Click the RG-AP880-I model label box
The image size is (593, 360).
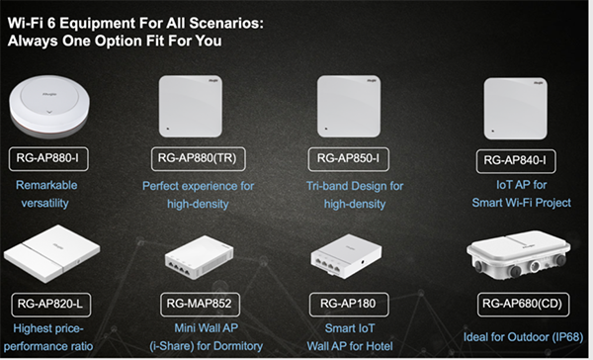click(48, 159)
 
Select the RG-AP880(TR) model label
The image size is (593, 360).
click(199, 159)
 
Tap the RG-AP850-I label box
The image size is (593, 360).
click(348, 159)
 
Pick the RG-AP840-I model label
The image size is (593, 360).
click(516, 161)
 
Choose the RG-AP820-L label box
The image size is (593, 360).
click(51, 305)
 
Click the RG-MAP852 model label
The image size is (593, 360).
click(200, 304)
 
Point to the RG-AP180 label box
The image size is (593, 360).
click(349, 304)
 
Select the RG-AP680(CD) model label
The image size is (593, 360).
click(523, 304)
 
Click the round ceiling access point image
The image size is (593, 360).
click(49, 107)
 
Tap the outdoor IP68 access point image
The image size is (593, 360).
click(519, 256)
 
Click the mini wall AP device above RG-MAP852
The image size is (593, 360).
click(199, 258)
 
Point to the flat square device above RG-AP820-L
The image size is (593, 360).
click(51, 253)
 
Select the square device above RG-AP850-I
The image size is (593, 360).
click(349, 107)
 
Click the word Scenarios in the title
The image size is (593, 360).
click(226, 24)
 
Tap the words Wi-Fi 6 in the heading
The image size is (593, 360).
click(32, 24)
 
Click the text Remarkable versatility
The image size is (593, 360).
click(45, 194)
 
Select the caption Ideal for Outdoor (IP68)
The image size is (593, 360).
click(524, 337)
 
